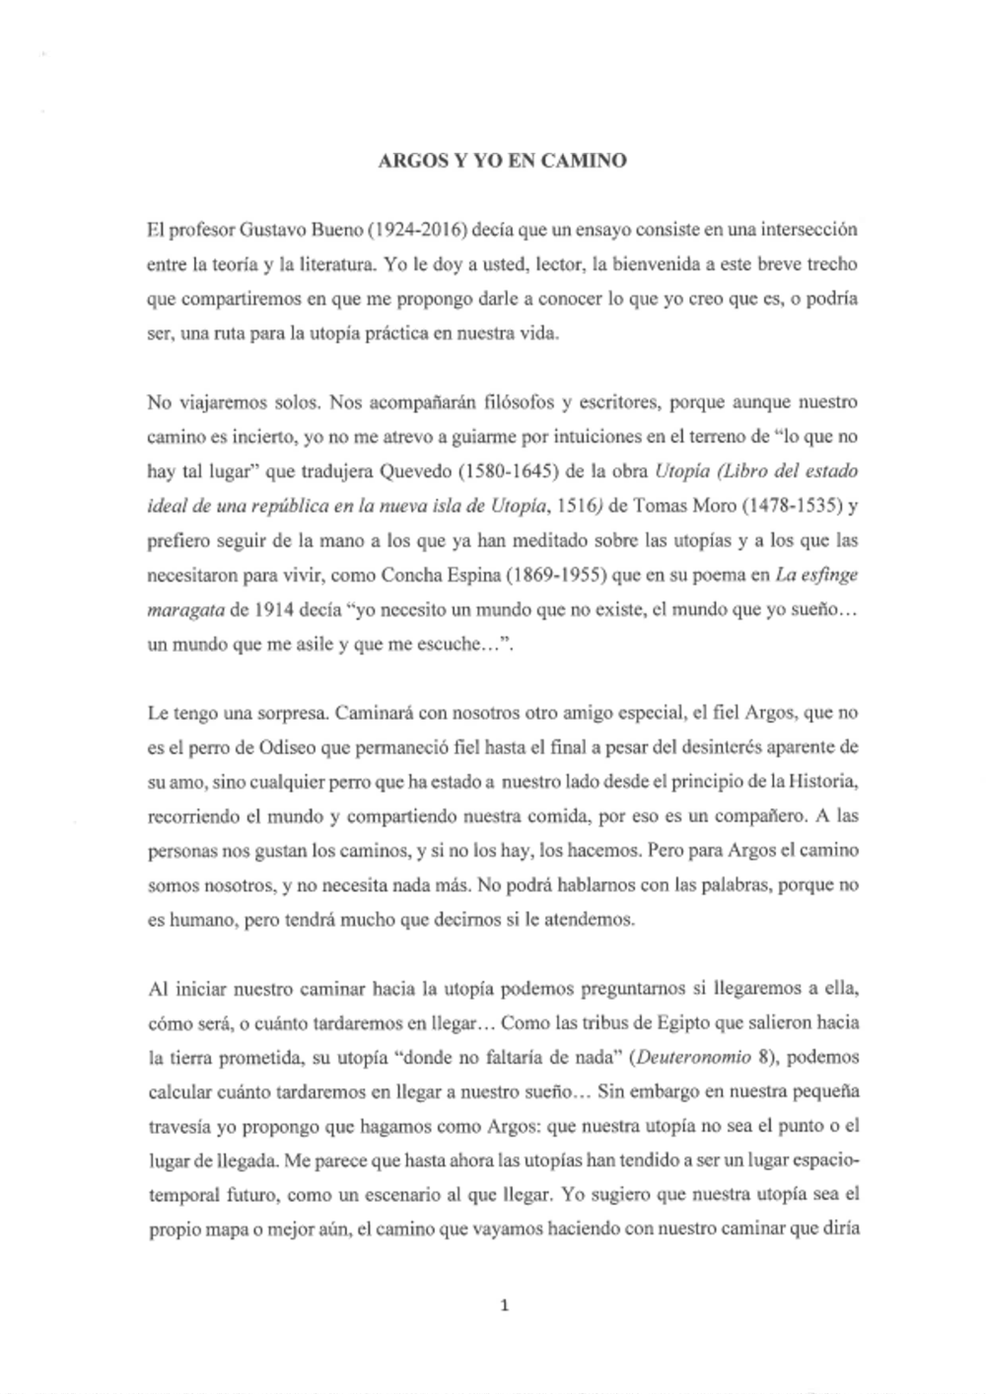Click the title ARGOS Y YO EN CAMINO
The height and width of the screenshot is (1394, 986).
(502, 160)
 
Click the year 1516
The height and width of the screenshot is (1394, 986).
(576, 507)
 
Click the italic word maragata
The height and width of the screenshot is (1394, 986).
(185, 610)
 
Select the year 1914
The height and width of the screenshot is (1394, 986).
(272, 610)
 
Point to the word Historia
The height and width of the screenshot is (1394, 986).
(823, 782)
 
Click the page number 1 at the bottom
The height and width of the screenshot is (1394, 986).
(504, 1306)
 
